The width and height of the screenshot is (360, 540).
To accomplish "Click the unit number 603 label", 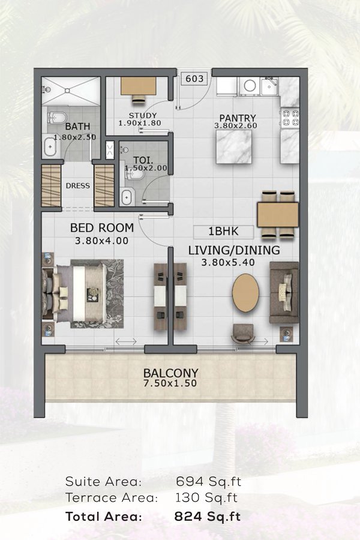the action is point(194,79).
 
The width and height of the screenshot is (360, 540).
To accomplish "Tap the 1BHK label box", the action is point(224,232).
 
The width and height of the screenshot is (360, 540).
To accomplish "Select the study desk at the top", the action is point(138,85).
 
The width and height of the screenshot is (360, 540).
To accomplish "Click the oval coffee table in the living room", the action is point(245,293).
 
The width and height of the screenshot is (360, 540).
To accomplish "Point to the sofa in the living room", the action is point(284,292).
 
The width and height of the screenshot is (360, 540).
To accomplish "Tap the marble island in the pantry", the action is point(234,147).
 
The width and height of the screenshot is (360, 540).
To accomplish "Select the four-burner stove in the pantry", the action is point(290,118).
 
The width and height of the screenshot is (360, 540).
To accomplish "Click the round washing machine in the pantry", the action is point(250,86).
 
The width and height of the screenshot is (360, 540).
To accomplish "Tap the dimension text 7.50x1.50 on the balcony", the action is point(170,383).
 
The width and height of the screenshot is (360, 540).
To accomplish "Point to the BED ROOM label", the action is point(102,227).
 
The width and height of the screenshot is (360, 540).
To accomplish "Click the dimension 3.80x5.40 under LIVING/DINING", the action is point(228,262).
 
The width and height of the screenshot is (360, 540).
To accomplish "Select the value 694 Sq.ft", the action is point(208,481).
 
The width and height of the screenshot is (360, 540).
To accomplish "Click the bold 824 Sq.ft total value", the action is point(208,517).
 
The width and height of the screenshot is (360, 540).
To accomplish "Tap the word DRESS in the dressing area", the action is point(78,185).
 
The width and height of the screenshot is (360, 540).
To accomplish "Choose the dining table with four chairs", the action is point(278,215).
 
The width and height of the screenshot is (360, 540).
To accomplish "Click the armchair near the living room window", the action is point(243,333).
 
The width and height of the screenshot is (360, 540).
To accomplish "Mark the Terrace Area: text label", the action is point(112,497).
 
